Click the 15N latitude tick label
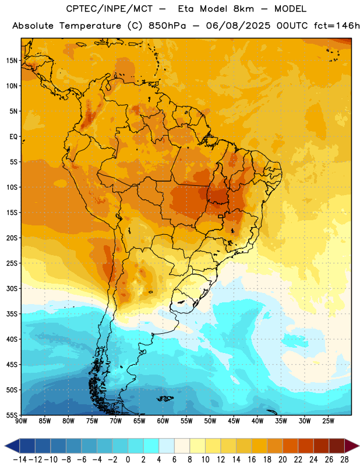tap(12, 61)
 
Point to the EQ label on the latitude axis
tap(13, 137)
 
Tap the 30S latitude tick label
tap(12, 288)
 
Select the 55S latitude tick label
tap(12, 415)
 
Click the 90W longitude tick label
tap(21, 421)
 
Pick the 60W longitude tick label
tap(163, 421)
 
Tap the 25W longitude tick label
tap(328, 421)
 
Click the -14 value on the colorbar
tap(20, 460)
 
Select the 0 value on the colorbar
tap(128, 460)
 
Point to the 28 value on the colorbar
tap(344, 460)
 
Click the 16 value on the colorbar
tap(252, 460)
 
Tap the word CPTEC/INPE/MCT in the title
tap(109, 9)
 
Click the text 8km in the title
tap(243, 9)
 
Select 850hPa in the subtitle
tap(167, 26)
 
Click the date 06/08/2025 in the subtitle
tap(238, 26)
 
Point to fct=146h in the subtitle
tap(337, 26)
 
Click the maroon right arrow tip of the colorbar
tap(352, 446)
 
